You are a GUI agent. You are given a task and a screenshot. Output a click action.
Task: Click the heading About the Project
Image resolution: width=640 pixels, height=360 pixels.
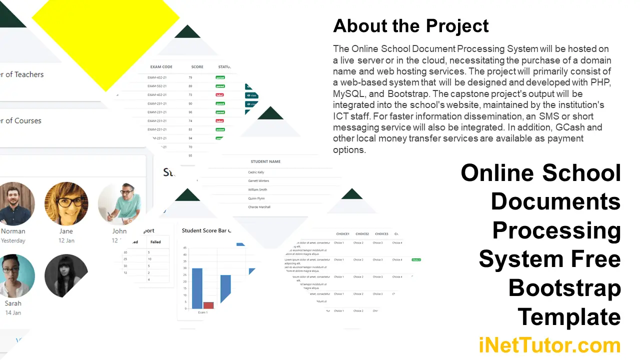point(411,26)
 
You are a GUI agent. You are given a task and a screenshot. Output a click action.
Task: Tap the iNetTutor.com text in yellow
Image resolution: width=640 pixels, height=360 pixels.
point(549,345)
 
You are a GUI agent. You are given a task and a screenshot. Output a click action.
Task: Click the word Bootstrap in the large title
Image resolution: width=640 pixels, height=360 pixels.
point(564,288)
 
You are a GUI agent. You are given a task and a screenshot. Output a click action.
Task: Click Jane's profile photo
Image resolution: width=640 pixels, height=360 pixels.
point(66,203)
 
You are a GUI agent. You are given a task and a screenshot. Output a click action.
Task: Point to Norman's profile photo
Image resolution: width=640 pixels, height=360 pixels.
point(13,203)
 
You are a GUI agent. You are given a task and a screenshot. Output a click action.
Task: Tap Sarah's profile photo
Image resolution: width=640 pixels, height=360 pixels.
point(13,275)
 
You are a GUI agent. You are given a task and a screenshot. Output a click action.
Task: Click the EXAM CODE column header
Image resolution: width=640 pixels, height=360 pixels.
point(161,67)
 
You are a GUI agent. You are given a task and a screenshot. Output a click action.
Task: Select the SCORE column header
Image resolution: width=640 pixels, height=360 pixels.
point(197,67)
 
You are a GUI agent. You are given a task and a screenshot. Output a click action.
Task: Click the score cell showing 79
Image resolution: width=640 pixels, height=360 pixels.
point(190,77)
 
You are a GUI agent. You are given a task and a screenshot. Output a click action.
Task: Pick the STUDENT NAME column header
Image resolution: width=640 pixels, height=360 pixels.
point(265,161)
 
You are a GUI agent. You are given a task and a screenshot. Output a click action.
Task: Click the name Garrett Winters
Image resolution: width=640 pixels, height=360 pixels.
point(258,181)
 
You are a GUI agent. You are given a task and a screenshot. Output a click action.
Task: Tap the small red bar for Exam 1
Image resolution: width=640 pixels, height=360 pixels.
point(208,305)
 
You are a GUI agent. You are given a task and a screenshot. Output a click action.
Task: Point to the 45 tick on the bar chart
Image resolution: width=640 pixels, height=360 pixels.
point(185,247)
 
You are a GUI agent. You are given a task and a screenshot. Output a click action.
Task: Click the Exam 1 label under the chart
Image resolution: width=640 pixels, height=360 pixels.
point(202,312)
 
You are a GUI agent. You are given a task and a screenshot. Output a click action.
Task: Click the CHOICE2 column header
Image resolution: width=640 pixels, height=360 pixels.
point(362,234)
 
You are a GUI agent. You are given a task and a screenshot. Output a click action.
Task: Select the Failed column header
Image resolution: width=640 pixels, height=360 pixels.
point(155,242)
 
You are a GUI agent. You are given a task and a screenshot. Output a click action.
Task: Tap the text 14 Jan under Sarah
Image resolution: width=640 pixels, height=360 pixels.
point(13,312)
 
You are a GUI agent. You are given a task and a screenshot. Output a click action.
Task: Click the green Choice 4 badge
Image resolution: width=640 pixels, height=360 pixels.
point(416,260)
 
